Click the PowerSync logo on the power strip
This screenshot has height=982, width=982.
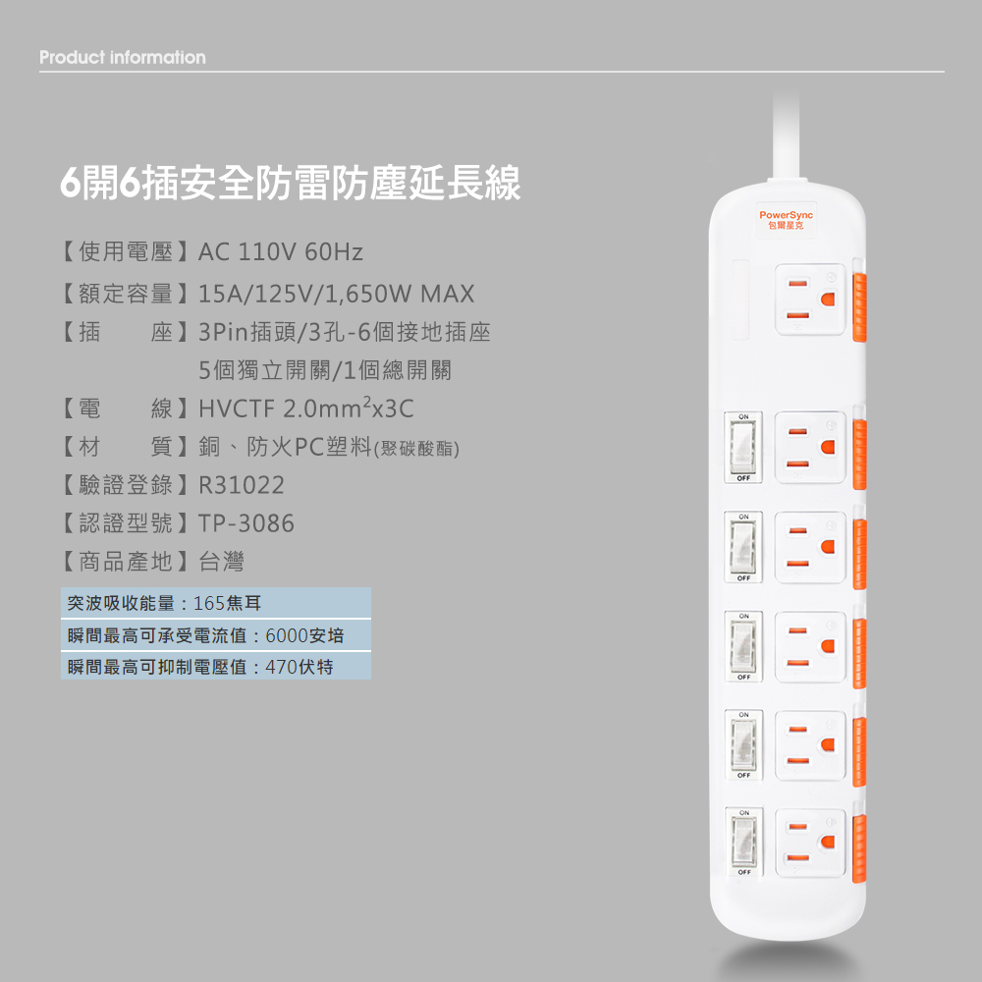[x=786, y=220]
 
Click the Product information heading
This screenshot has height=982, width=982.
[x=123, y=58]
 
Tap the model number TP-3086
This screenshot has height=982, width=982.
[x=246, y=523]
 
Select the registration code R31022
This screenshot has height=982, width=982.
[x=242, y=485]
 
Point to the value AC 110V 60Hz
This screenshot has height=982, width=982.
[x=281, y=251]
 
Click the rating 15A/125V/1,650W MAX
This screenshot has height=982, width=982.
[x=336, y=294]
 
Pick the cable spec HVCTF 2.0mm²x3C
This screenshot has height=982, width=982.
[x=306, y=408]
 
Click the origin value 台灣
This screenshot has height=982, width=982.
[x=221, y=562]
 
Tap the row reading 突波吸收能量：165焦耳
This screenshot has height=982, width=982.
[x=215, y=603]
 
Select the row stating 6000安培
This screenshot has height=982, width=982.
[x=215, y=635]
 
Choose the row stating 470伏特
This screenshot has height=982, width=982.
[x=215, y=667]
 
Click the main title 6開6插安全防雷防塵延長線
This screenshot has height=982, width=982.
[x=290, y=183]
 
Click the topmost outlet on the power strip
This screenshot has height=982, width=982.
[x=810, y=300]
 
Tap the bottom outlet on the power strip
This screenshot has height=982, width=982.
[x=810, y=843]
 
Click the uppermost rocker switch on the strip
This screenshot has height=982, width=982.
[x=743, y=447]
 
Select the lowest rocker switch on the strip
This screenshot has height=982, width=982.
[x=744, y=842]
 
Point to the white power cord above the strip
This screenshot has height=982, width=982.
[x=786, y=136]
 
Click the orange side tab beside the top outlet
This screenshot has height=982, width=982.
[x=859, y=306]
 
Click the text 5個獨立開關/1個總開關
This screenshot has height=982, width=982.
[x=325, y=370]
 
